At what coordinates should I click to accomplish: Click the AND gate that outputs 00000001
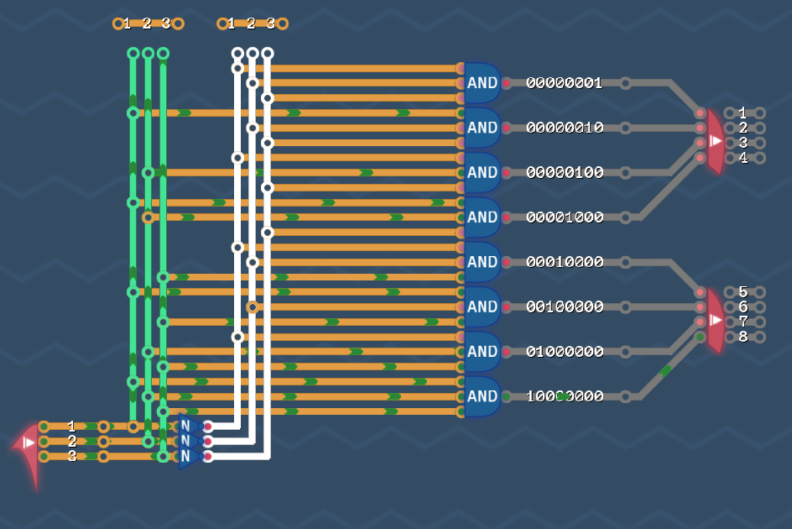(x=482, y=83)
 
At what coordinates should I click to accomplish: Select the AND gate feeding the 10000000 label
(x=482, y=396)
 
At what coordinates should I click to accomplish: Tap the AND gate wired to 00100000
(x=482, y=306)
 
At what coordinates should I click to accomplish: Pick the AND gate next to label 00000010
(x=482, y=128)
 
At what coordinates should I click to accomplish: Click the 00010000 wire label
(x=565, y=262)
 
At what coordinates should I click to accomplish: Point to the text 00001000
(x=565, y=217)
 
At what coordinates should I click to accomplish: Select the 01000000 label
(x=565, y=352)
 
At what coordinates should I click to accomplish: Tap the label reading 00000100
(x=565, y=173)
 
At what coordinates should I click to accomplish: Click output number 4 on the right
(x=742, y=158)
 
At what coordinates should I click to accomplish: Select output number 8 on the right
(x=742, y=337)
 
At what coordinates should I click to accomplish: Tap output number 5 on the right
(x=742, y=292)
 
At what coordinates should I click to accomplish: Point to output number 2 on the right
(x=742, y=128)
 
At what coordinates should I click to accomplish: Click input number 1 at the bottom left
(x=72, y=427)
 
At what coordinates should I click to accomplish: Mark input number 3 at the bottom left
(x=72, y=456)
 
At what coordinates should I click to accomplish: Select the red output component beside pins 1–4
(x=714, y=141)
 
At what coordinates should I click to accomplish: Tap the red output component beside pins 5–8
(x=714, y=320)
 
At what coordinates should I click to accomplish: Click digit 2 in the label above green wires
(x=147, y=24)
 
